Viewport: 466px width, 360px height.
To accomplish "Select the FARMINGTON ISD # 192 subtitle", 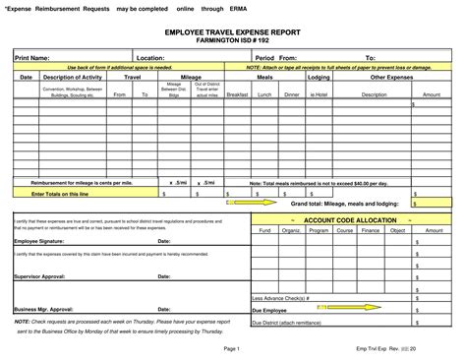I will click(x=232, y=42).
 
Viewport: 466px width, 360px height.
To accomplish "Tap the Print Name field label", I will click(x=32, y=58).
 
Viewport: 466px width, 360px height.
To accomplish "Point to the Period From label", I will click(x=276, y=58).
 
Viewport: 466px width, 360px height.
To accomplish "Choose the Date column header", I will click(x=27, y=76).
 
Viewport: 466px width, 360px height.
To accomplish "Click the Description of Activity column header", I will click(x=74, y=76).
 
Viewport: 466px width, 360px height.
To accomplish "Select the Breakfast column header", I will click(x=237, y=94).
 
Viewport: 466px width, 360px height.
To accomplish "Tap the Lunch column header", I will click(x=263, y=94).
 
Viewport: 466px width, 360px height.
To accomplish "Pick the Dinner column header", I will click(x=291, y=94).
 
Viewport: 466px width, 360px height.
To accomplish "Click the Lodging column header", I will click(x=319, y=76).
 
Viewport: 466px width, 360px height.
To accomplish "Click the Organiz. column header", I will click(x=290, y=230).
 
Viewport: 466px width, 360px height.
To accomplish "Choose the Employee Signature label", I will click(x=40, y=240).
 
